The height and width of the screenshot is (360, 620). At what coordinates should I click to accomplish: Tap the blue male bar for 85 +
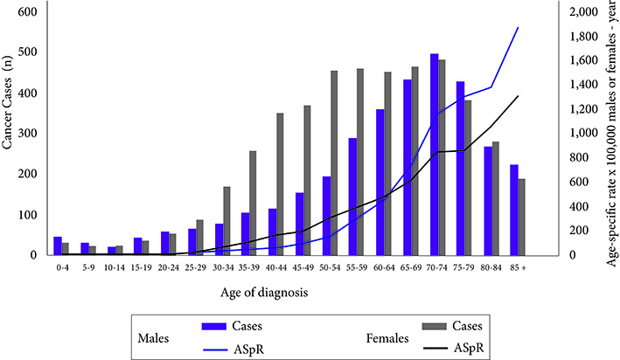(x=514, y=210)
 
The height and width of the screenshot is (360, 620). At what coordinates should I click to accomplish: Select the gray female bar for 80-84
(x=496, y=198)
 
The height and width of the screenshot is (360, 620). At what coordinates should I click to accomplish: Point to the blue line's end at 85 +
(x=519, y=27)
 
